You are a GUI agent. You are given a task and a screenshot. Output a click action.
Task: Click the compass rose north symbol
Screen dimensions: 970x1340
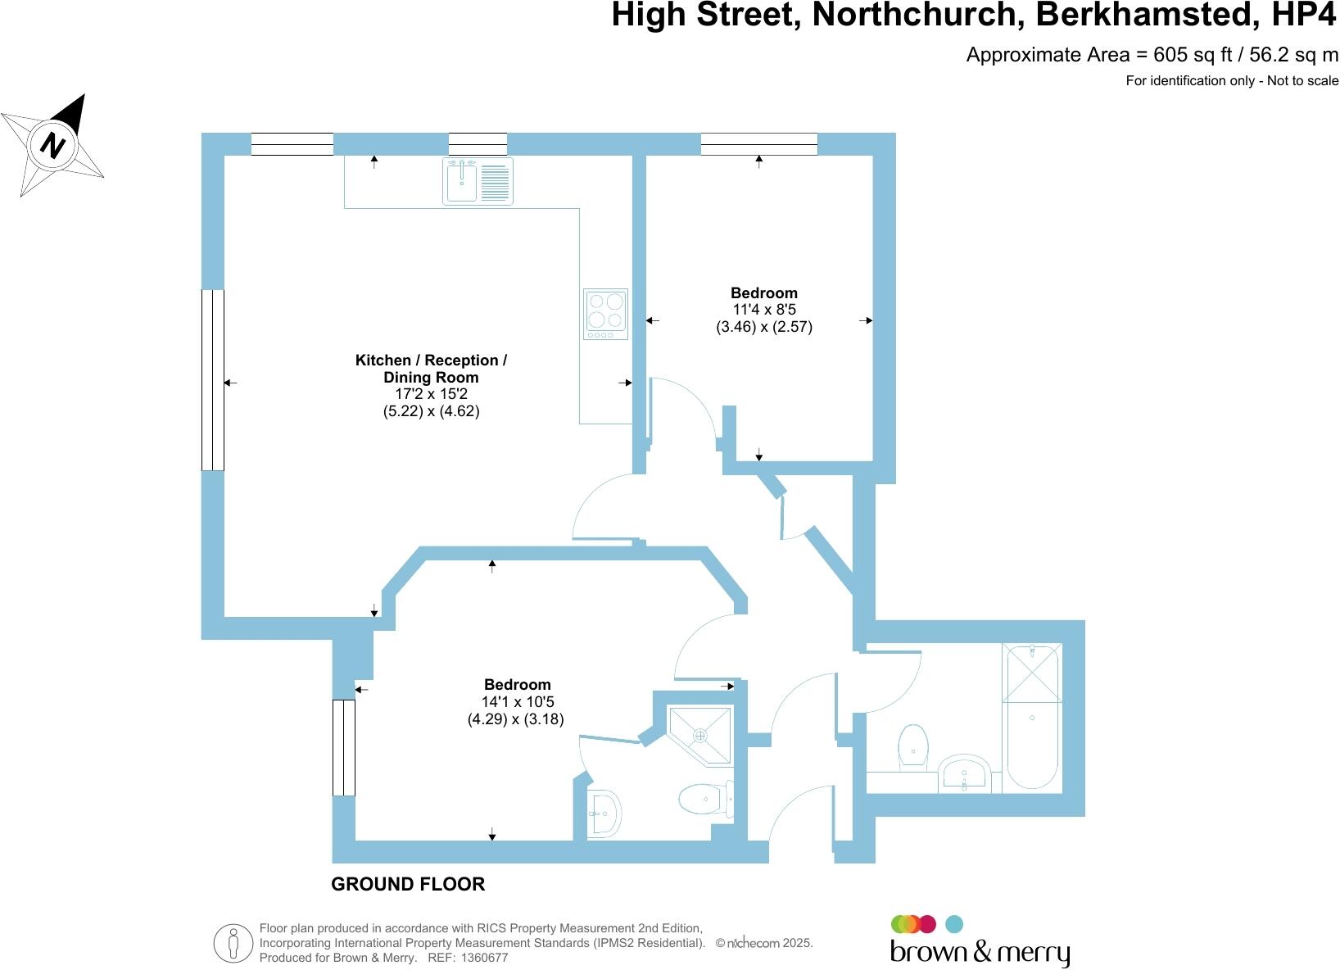tap(54, 145)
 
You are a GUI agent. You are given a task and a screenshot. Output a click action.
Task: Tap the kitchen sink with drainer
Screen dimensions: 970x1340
tap(478, 181)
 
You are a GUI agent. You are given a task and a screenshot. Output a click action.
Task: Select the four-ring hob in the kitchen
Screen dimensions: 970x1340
tap(605, 314)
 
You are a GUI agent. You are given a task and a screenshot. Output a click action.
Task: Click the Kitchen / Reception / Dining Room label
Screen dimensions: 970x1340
tap(431, 369)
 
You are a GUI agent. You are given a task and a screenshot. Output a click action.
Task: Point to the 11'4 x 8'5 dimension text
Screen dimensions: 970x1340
tap(763, 310)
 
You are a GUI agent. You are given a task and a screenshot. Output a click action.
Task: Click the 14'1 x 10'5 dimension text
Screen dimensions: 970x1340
tap(517, 702)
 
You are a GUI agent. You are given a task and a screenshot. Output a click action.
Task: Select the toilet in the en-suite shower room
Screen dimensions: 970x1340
tap(704, 798)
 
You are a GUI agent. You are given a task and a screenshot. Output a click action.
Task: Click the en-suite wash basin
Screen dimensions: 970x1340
tap(604, 813)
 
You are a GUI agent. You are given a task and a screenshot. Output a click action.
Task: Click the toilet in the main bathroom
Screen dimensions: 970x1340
tap(912, 746)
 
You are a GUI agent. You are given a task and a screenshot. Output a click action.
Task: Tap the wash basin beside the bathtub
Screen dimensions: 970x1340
tap(966, 775)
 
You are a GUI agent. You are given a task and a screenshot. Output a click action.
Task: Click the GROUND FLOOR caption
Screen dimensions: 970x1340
tap(408, 884)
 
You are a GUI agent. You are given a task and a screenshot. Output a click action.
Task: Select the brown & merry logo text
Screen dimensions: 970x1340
tap(980, 954)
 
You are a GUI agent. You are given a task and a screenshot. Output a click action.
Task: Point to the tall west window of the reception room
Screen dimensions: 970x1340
tap(212, 379)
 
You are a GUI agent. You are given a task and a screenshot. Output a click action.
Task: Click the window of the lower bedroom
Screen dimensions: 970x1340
tap(343, 747)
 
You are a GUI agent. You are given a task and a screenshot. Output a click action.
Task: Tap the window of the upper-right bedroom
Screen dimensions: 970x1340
tap(759, 144)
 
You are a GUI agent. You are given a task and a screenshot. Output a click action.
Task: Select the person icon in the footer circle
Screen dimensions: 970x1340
tap(233, 943)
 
